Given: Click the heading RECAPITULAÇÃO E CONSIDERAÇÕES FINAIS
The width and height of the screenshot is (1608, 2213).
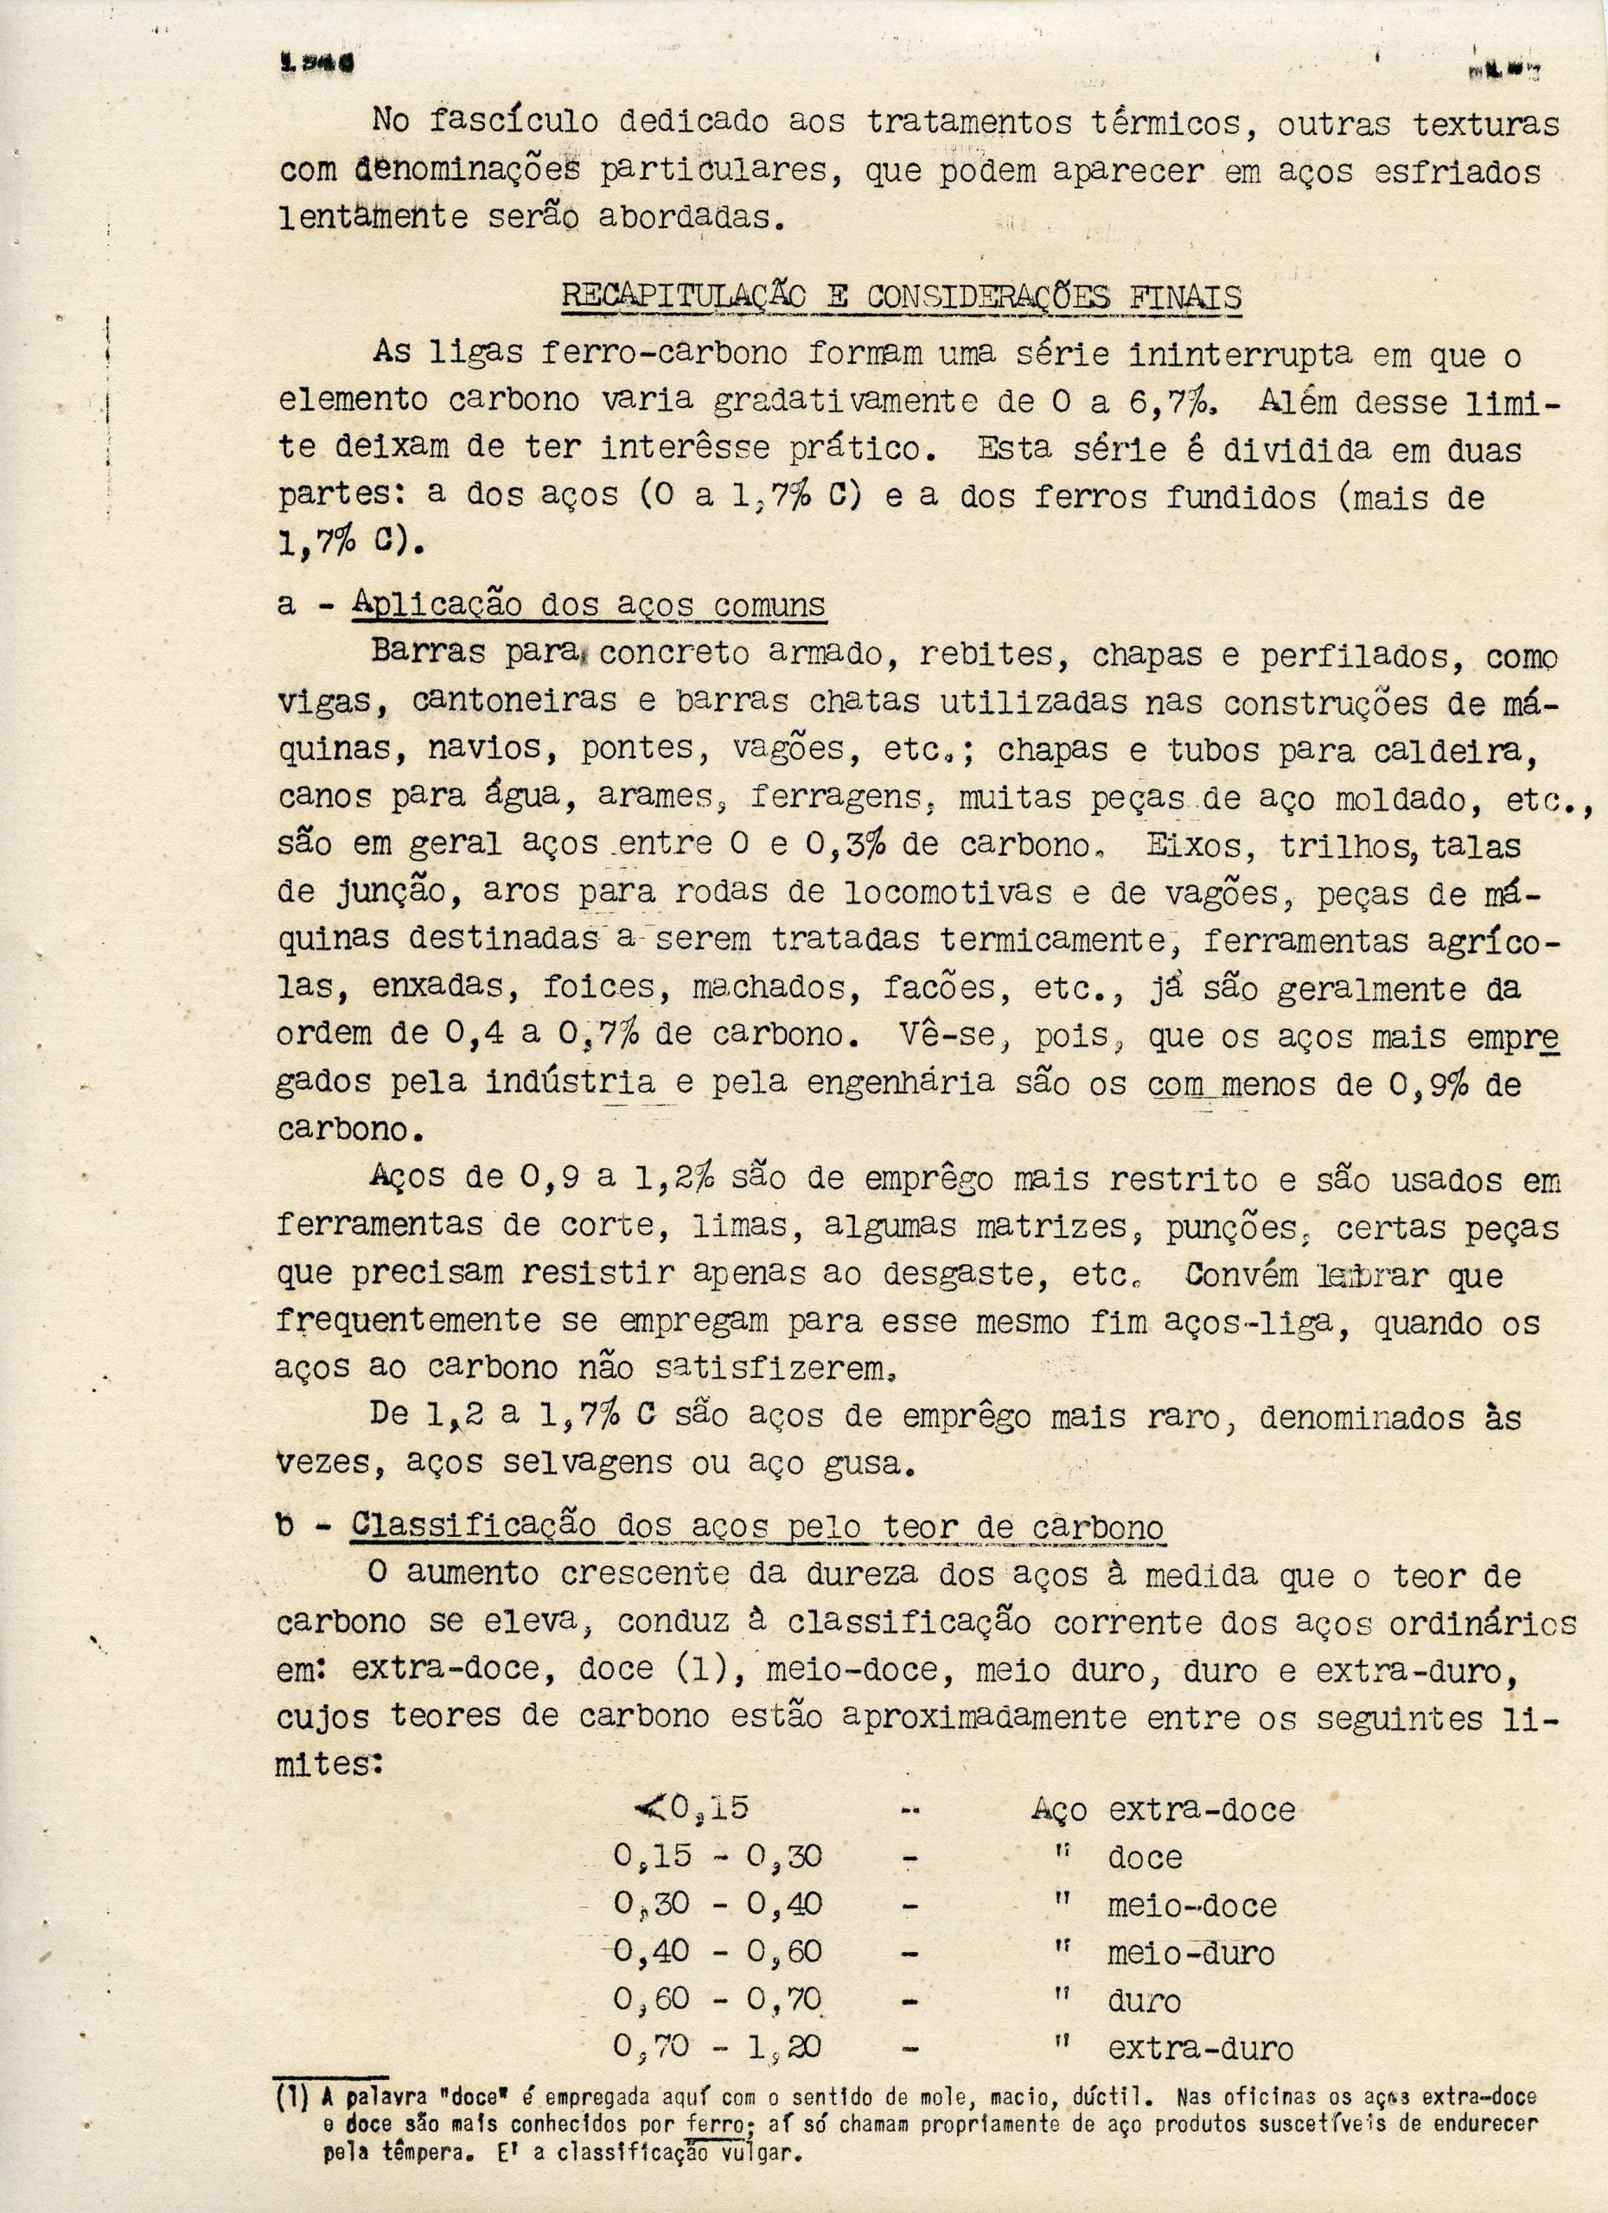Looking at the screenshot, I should pos(901,296).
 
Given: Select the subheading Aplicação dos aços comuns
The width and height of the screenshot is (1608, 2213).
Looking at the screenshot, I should pos(589,605).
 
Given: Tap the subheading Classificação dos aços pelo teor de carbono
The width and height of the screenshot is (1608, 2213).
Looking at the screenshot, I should pos(756,1525).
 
